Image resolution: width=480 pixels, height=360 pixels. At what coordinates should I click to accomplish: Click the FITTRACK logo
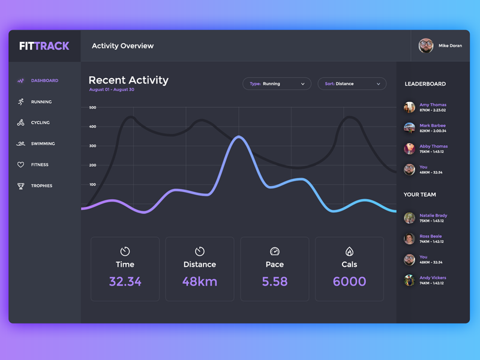44,46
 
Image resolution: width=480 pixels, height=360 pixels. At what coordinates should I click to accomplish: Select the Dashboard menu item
44,80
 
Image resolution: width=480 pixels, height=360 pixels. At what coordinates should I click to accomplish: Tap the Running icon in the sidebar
21,102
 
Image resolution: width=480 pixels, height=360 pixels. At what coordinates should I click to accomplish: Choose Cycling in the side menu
40,122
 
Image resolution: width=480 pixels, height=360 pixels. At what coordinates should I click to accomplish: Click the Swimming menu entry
43,144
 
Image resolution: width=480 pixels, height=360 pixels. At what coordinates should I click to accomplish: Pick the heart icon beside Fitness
20,165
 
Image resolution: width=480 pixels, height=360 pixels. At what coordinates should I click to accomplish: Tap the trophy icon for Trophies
21,186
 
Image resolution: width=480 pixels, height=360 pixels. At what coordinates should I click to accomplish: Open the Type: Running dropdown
277,84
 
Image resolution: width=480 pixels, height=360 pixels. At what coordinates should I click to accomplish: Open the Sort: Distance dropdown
352,84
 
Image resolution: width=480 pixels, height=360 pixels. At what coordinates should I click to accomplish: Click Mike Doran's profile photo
426,46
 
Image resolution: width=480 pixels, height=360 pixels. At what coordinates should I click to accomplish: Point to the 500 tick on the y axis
92,108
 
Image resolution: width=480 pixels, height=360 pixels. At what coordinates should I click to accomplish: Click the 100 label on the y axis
92,185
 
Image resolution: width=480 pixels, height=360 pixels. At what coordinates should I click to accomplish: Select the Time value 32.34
125,281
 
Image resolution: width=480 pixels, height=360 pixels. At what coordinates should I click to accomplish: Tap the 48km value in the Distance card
200,281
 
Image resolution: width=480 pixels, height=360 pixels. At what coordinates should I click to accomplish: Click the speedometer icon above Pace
275,251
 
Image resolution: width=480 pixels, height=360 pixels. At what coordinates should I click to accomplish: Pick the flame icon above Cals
349,251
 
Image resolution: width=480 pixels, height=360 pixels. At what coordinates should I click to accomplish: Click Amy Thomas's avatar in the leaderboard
409,107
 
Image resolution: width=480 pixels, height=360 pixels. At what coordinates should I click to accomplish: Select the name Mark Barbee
432,125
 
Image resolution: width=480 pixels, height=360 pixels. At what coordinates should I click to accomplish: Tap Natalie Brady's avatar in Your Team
409,218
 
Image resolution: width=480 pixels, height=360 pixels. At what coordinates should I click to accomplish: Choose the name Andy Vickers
433,278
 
